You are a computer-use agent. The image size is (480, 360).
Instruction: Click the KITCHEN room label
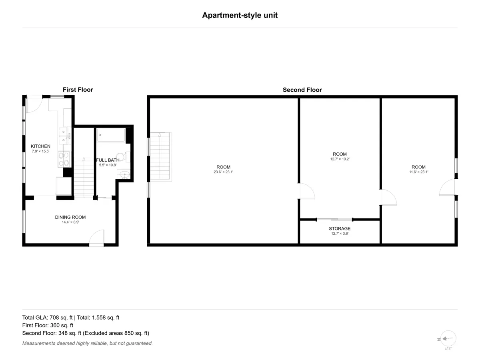40,146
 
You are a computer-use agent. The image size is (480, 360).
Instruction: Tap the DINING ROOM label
70,217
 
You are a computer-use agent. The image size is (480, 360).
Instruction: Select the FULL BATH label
108,160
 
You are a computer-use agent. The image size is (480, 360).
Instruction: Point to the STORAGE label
340,228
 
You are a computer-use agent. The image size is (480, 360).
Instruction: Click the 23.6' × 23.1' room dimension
224,172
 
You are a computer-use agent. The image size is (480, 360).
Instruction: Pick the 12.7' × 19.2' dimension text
340,159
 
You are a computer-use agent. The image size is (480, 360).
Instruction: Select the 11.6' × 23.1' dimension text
418,172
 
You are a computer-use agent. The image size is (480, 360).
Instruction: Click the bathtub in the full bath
111,135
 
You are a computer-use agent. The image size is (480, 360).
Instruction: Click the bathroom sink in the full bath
125,175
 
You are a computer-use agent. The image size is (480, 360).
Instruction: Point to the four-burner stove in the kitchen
64,159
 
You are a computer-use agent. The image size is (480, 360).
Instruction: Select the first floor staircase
84,177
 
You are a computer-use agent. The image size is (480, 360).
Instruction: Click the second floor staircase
160,156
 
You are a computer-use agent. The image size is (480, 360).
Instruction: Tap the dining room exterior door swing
97,237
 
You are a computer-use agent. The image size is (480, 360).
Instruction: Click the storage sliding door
334,219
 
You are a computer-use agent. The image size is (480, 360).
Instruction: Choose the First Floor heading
78,90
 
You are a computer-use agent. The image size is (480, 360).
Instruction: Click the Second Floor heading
302,90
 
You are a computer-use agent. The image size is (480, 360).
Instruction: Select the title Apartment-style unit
240,15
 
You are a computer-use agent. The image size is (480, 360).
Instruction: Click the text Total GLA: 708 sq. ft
47,318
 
